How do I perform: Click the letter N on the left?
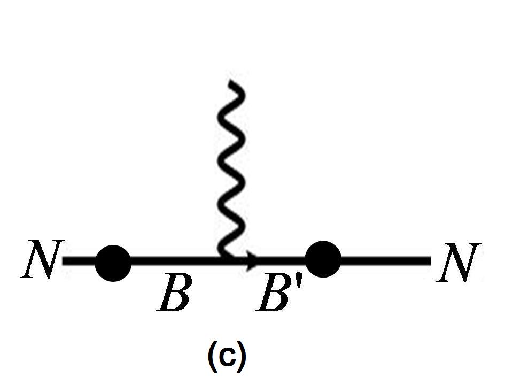42,259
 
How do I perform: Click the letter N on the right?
459,262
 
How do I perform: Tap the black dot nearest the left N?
113,263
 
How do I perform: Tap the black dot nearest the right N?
323,259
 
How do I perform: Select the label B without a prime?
173,294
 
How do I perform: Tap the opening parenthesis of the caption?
212,357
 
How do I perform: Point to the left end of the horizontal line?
64,261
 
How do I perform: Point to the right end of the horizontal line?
430,261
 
